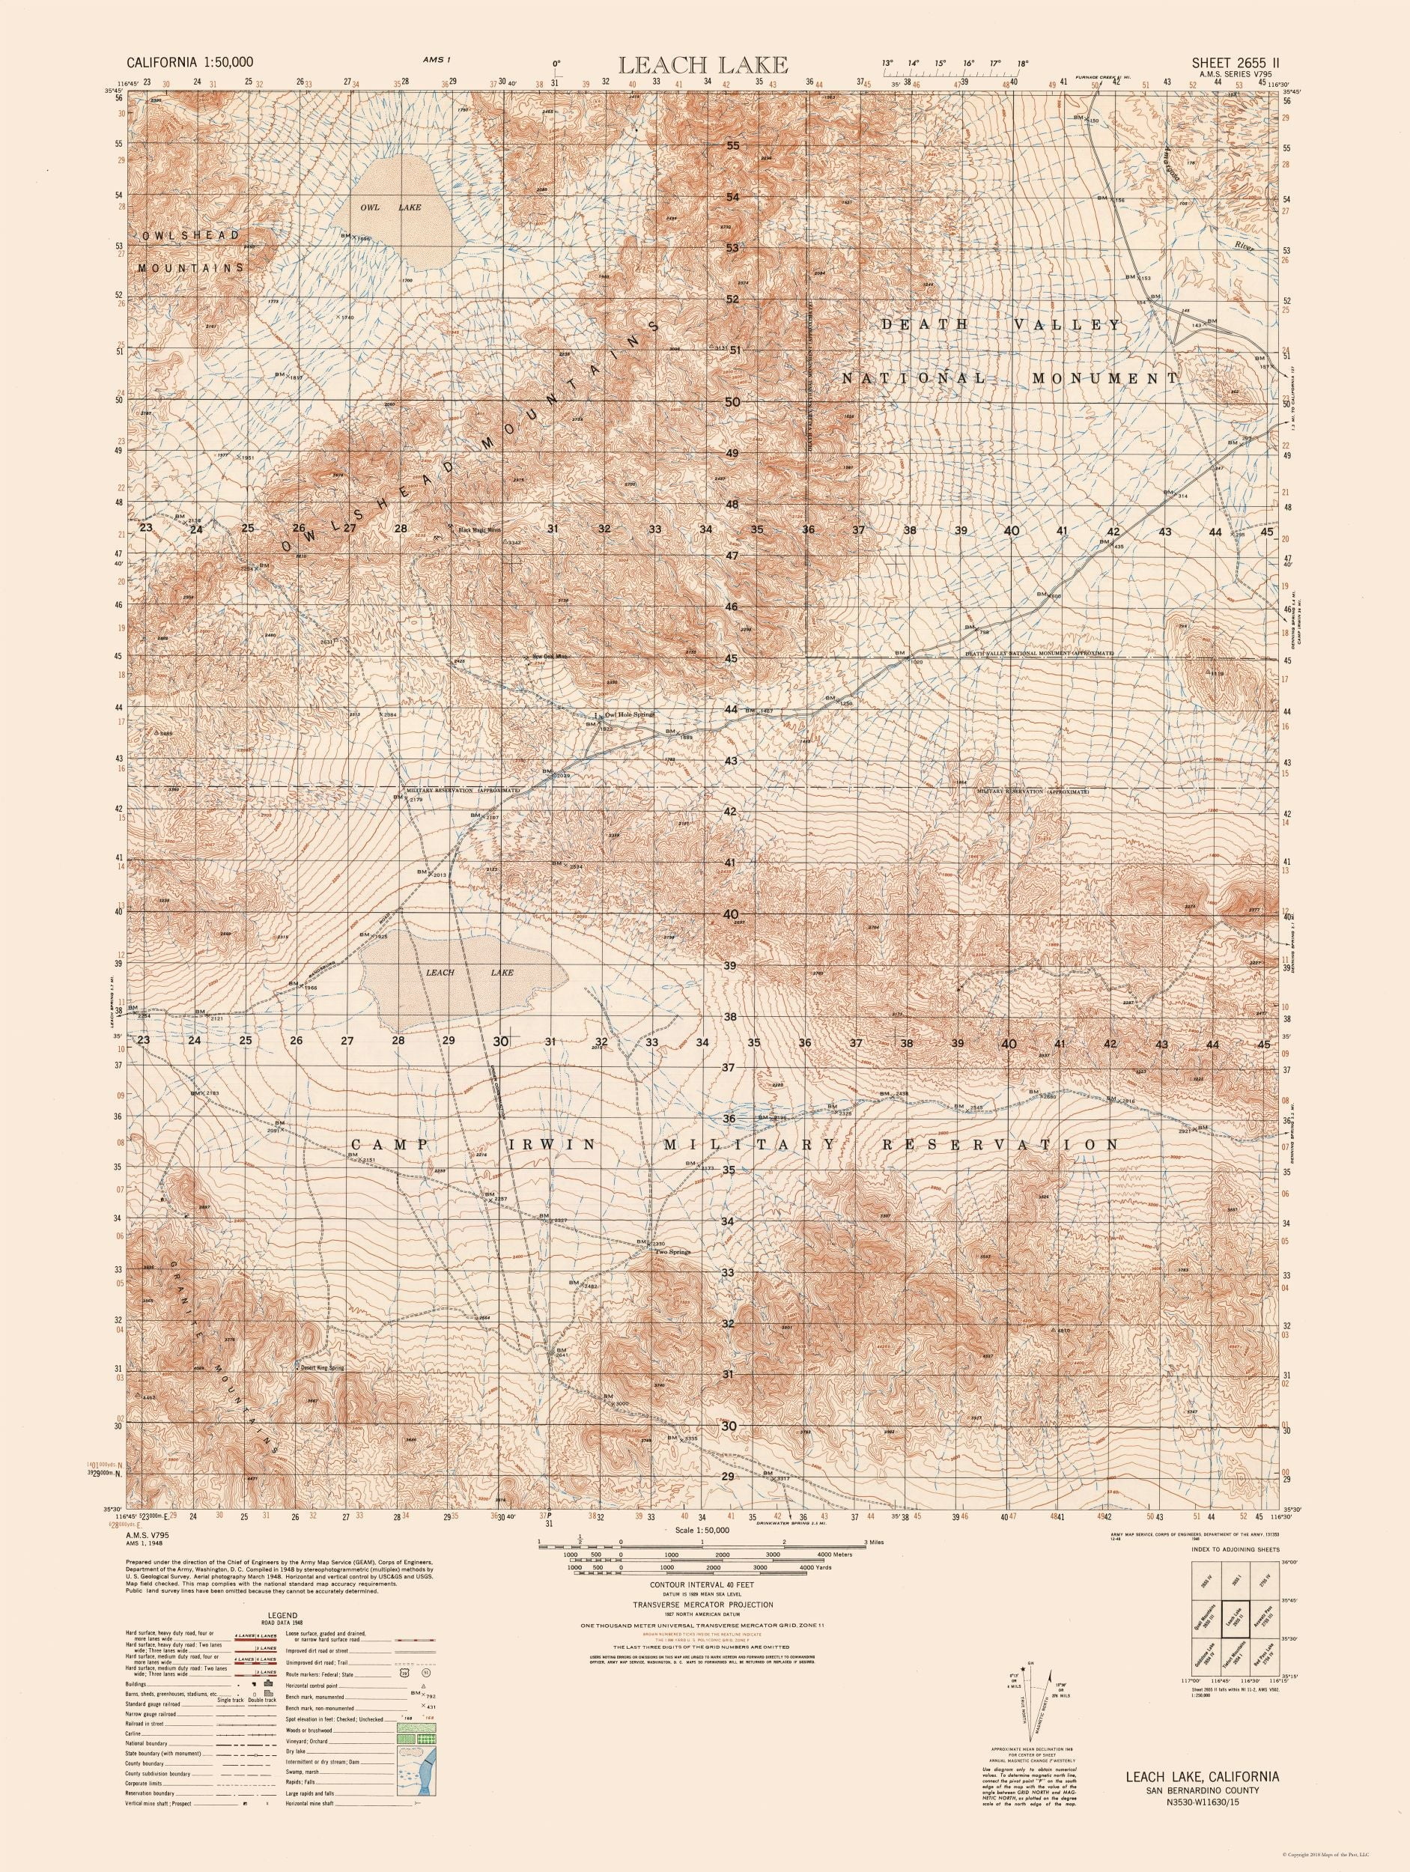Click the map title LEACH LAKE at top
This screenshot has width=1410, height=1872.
tap(704, 64)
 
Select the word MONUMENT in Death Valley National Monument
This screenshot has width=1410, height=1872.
tap(1104, 379)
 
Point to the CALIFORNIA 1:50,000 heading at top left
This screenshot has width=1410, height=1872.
tap(189, 62)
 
